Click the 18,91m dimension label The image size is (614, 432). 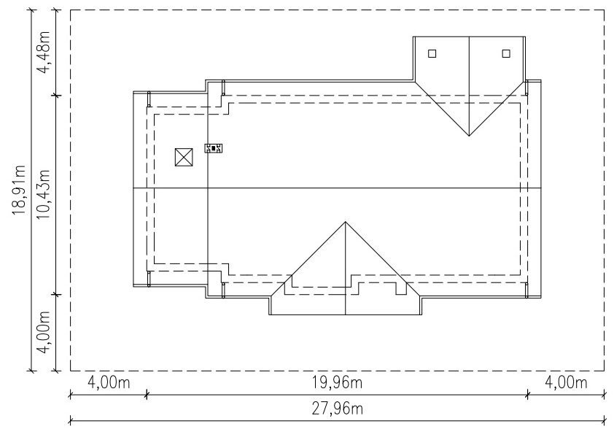19,190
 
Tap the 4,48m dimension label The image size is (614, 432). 43,52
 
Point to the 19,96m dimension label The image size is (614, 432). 337,382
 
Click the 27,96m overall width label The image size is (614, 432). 338,409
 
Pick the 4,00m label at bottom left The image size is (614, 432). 109,382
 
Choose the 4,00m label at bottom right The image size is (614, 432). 566,382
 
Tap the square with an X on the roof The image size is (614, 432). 184,157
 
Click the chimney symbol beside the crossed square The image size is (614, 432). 214,148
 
